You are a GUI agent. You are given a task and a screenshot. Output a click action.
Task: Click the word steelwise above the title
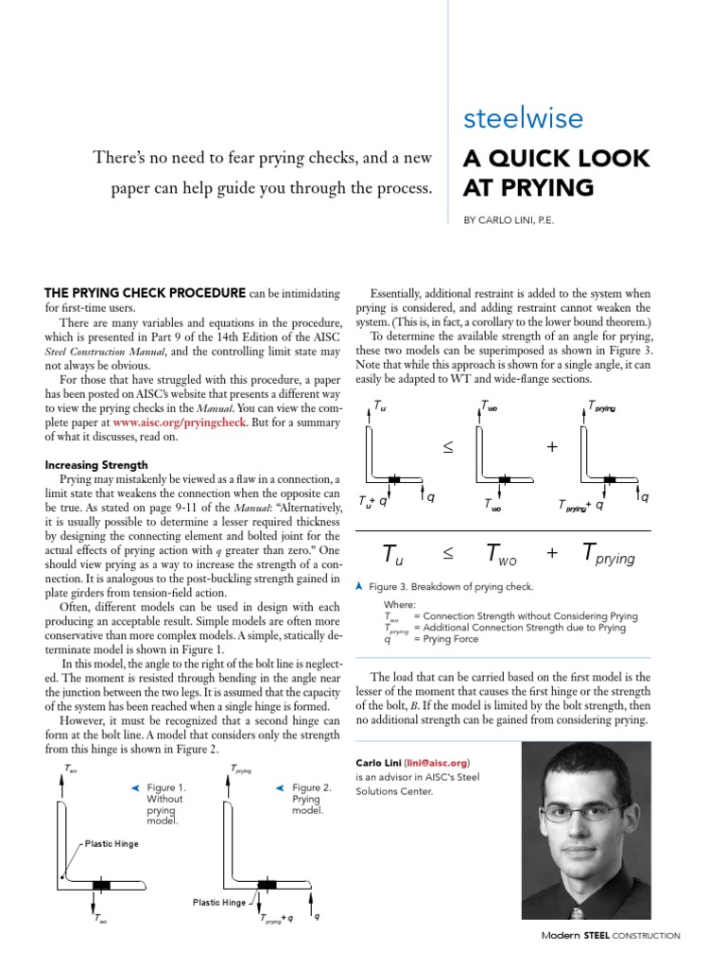[523, 118]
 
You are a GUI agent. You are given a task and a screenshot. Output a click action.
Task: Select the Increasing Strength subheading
[97, 465]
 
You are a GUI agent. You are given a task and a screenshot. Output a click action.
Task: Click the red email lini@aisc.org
[436, 762]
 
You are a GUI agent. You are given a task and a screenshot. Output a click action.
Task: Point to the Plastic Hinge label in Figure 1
[112, 842]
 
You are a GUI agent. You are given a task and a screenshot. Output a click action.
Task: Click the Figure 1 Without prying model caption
[167, 804]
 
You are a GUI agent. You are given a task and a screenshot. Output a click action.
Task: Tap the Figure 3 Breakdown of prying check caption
[451, 587]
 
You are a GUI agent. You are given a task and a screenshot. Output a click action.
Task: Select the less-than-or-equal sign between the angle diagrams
[448, 446]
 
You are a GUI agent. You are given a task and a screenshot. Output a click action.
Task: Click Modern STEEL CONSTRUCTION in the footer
[610, 935]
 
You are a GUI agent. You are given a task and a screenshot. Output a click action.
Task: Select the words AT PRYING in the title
[527, 187]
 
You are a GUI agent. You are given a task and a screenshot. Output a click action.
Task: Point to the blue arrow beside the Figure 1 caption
[135, 787]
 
